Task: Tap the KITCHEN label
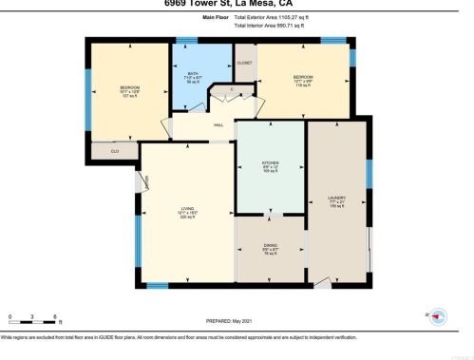(x=271, y=162)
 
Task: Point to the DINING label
(x=271, y=245)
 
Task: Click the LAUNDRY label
(x=336, y=198)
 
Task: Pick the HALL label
(x=218, y=123)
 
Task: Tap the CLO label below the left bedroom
(x=115, y=150)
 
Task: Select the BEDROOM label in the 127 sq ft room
(x=129, y=87)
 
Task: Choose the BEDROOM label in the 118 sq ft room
(x=303, y=77)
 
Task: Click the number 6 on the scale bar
(x=56, y=315)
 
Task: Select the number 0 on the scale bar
(x=9, y=315)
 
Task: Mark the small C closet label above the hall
(x=231, y=88)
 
